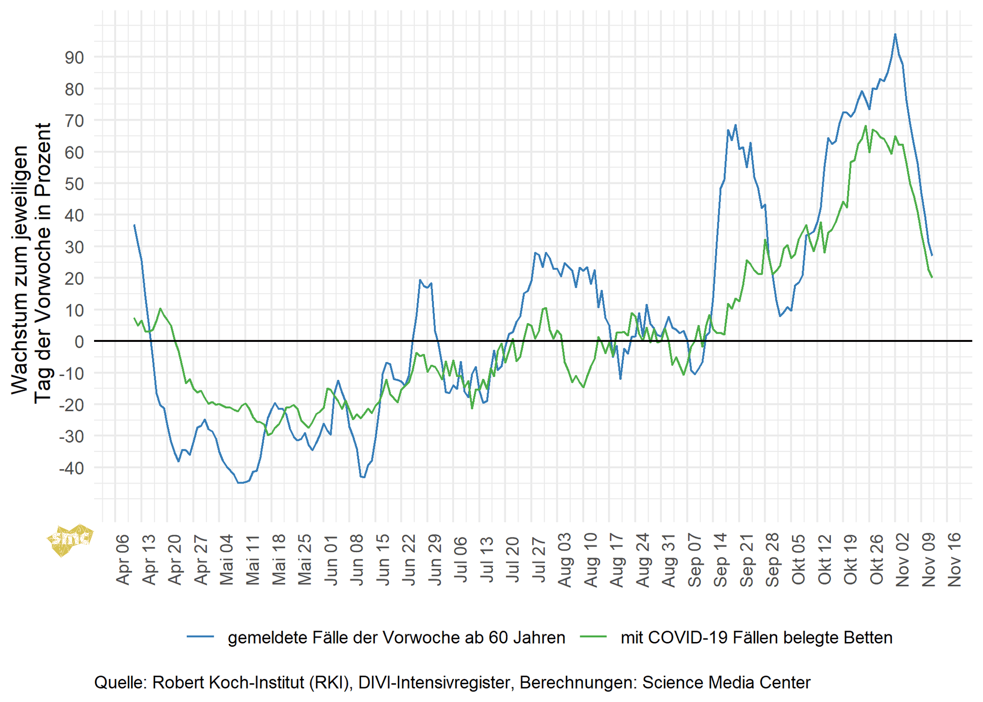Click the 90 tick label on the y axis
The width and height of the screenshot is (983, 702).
coord(74,58)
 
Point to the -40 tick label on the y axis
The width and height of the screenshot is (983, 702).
coord(71,468)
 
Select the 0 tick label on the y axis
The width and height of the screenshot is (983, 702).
coord(79,342)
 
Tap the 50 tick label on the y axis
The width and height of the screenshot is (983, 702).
coord(74,184)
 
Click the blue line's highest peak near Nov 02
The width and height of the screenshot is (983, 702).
coord(895,35)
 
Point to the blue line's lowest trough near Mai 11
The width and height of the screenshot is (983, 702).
coord(240,483)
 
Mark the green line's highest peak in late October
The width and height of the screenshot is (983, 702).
coord(865,126)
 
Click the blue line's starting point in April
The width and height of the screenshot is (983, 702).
coord(134,225)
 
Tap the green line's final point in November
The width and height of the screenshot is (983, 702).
coord(932,277)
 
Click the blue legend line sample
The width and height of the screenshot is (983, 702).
coord(200,637)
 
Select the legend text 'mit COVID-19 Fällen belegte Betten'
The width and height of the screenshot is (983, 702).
coord(756,637)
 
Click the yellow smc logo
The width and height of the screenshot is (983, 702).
coord(70,539)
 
